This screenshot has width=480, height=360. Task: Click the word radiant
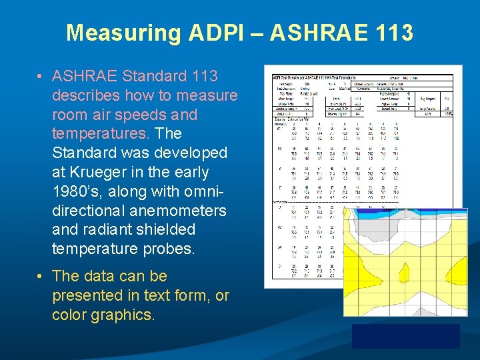coord(107,229)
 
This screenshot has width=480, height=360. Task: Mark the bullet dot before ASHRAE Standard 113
coord(41,77)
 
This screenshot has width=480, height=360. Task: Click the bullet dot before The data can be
coord(41,277)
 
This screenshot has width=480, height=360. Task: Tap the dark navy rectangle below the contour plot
coord(405,335)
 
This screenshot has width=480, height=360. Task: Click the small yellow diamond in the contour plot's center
coord(403,272)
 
